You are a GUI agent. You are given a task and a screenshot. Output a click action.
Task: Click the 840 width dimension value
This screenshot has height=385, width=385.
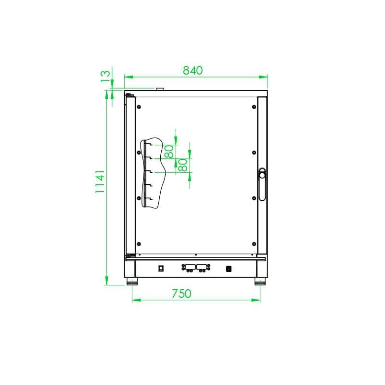tap(193, 70)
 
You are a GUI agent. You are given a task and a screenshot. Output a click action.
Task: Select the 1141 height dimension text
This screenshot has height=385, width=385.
tap(100, 181)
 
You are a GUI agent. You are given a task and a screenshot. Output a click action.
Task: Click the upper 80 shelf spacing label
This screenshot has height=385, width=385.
tap(169, 152)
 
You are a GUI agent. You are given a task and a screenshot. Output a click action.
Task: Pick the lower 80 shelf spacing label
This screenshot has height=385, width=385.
tap(183, 166)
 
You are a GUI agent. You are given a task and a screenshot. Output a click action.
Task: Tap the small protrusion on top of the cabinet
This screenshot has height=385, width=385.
tap(159, 89)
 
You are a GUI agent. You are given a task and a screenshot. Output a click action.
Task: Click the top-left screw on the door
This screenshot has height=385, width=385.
tap(139, 106)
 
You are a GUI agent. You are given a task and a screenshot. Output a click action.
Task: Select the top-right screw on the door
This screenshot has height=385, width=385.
tap(254, 106)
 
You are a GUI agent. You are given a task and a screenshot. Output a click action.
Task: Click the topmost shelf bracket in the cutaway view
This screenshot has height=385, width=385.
tap(149, 143)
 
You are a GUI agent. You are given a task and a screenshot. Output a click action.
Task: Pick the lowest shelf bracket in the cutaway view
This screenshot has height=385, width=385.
tap(149, 199)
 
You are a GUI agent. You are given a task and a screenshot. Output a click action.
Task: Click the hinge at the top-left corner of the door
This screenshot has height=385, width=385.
tap(129, 96)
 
